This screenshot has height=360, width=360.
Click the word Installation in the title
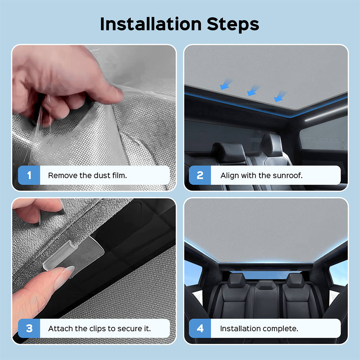pyautogui.click(x=151, y=24)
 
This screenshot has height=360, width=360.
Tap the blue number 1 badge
pyautogui.click(x=29, y=175)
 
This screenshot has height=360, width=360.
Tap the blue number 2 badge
pyautogui.click(x=200, y=175)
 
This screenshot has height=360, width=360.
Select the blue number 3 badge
pyautogui.click(x=29, y=328)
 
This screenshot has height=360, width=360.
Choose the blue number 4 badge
pyautogui.click(x=200, y=328)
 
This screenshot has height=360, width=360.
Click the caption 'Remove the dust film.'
pyautogui.click(x=87, y=175)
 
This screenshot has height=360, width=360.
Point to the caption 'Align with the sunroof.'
pyautogui.click(x=261, y=175)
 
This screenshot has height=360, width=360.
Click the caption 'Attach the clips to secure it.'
pyautogui.click(x=99, y=329)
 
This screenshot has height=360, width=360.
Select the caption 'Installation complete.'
pyautogui.click(x=259, y=329)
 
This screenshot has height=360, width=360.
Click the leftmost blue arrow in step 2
pyautogui.click(x=226, y=84)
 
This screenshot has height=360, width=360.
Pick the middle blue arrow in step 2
pyautogui.click(x=253, y=90)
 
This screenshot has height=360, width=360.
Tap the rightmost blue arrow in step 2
pyautogui.click(x=280, y=96)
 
